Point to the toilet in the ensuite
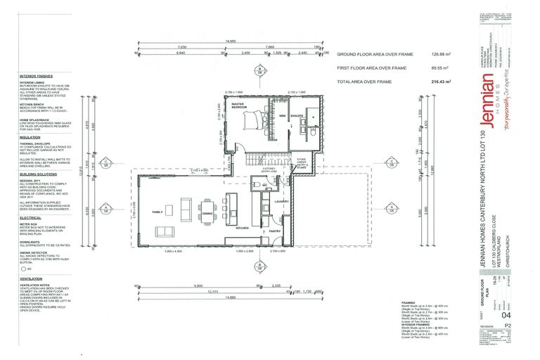point(311,129)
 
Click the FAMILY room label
point(156,211)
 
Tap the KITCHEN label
point(244,229)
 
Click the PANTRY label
point(276,229)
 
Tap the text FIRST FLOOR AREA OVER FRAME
point(371,68)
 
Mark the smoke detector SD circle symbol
point(23,268)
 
